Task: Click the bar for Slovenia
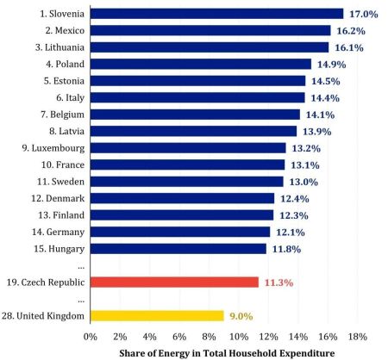point(216,14)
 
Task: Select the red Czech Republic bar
point(174,282)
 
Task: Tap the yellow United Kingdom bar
point(157,316)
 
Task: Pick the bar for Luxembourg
point(188,148)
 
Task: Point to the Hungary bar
point(178,249)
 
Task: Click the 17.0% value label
point(364,14)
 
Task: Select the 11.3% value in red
point(278,282)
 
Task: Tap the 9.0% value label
point(241,316)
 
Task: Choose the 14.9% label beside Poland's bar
point(331,65)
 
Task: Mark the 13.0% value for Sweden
point(304,182)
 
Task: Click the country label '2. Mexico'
point(65,30)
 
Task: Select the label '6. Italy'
point(71,98)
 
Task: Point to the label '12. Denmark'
point(58,198)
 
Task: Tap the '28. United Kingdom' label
point(43,316)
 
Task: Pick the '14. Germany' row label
point(59,233)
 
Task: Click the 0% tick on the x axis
point(91,337)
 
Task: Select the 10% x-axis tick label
point(239,337)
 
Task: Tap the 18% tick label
point(358,337)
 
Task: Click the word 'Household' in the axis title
point(254,353)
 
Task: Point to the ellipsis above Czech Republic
point(81,268)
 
